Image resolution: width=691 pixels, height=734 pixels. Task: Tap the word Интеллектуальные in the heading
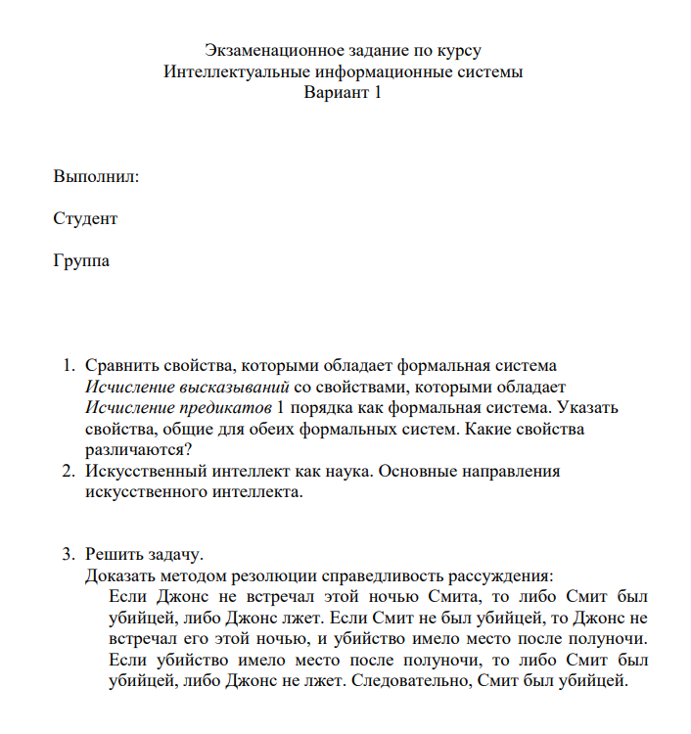coord(230,72)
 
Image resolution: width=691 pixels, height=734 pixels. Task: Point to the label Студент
coord(85,218)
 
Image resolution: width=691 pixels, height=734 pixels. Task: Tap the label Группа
coord(81,261)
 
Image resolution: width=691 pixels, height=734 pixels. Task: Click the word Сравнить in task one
coord(118,366)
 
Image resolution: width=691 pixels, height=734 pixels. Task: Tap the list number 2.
coord(68,472)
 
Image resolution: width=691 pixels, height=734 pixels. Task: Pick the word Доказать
coord(119,575)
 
